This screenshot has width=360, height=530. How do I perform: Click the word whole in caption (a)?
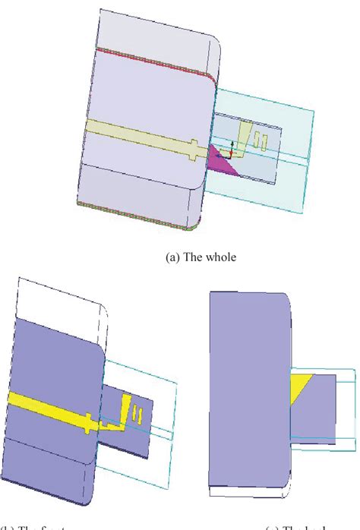[221, 257]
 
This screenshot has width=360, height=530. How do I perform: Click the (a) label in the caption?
[173, 257]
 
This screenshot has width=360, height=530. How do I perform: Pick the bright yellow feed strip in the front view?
[53, 405]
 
